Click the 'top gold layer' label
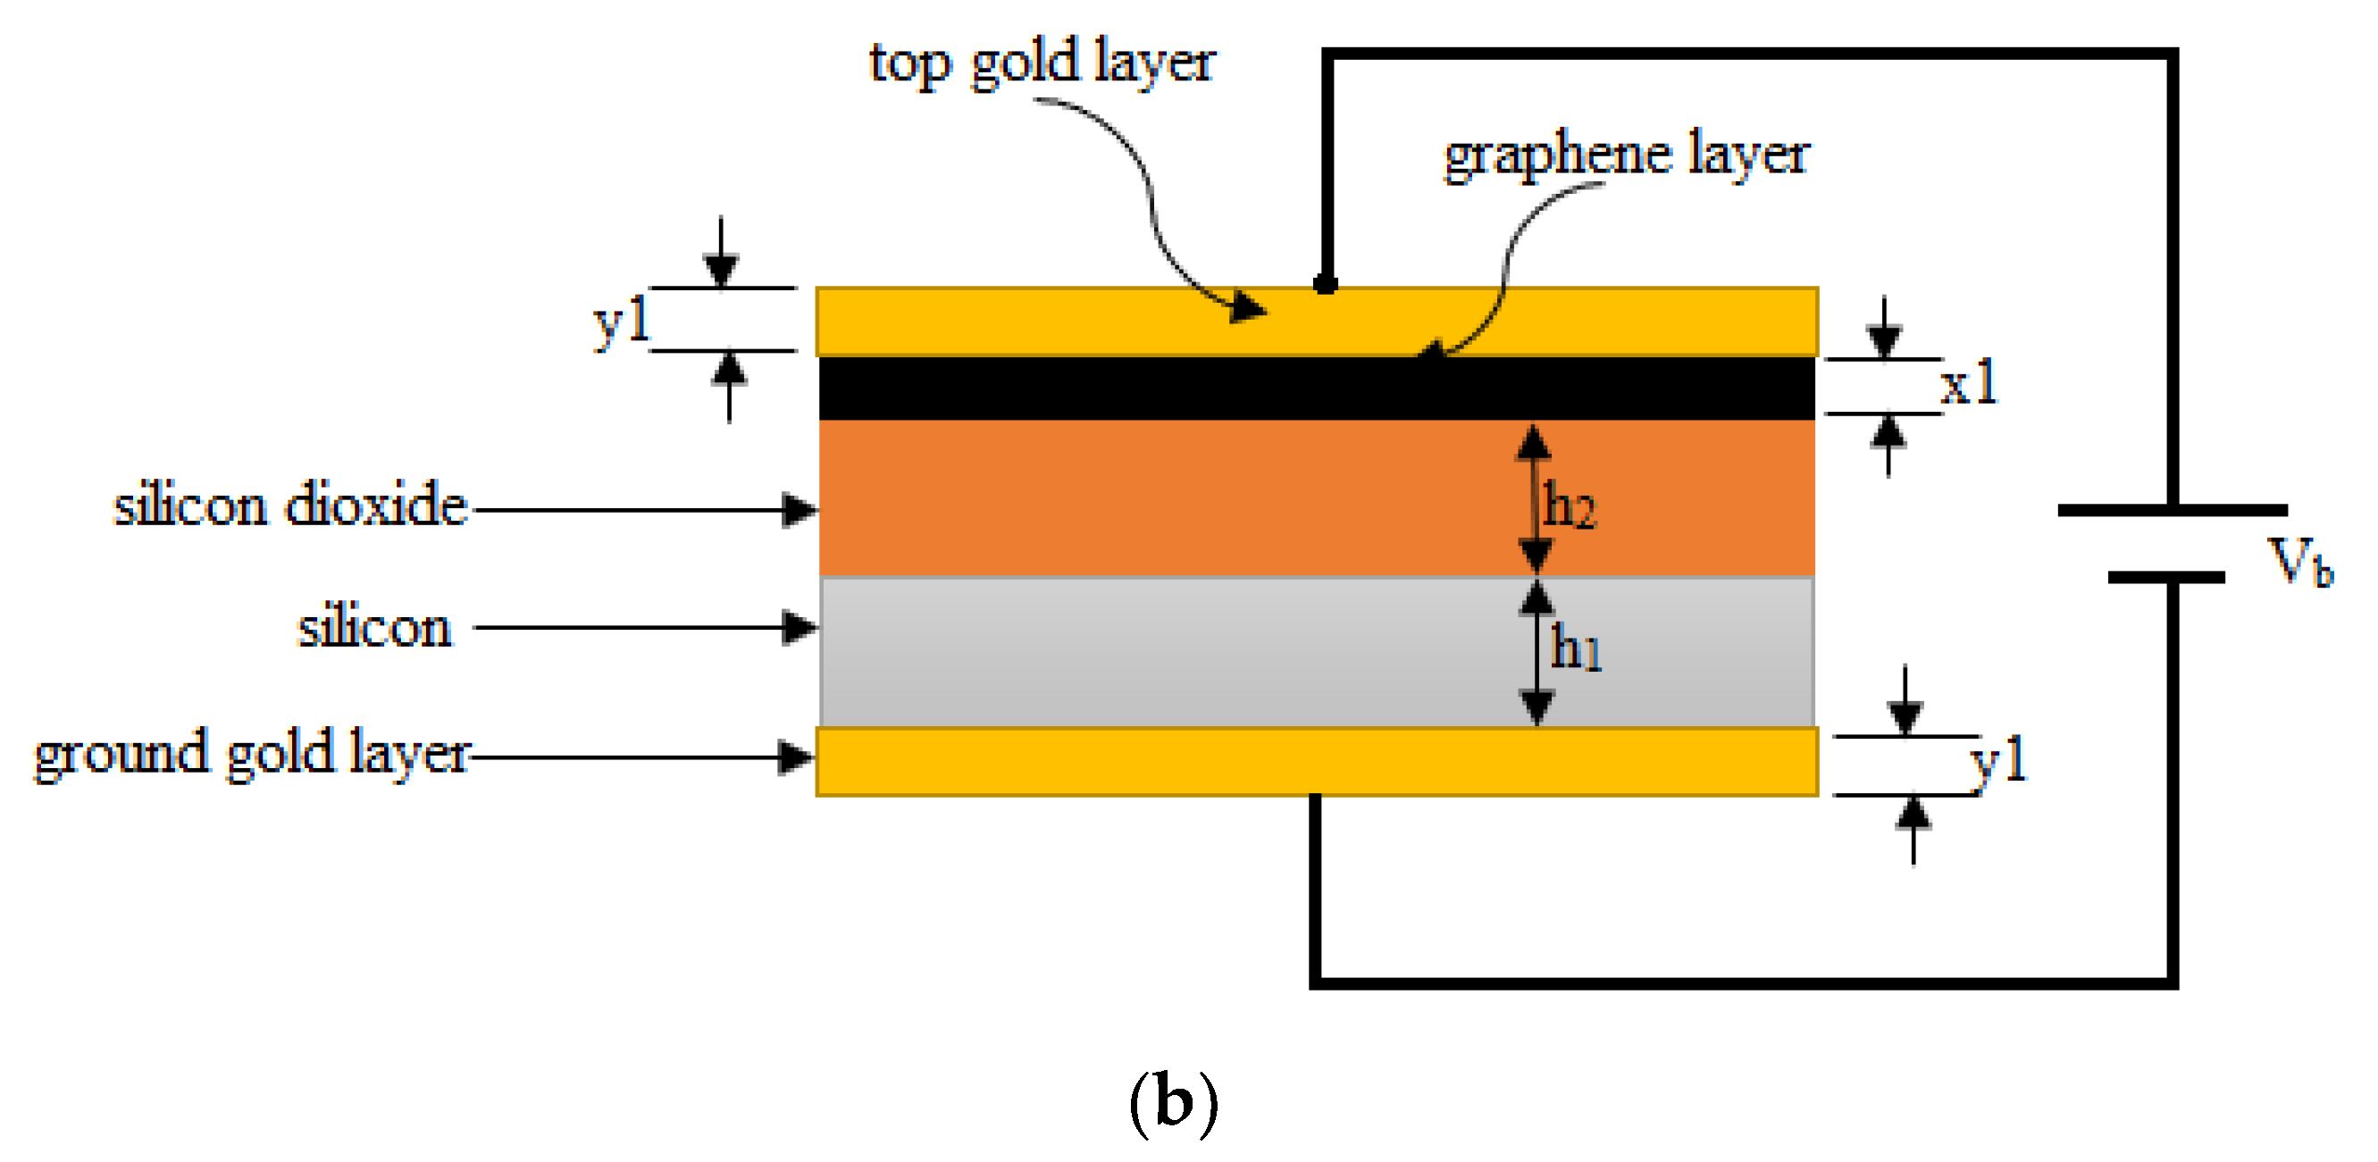pos(1042,63)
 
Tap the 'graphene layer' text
pos(1627,155)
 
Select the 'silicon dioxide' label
pos(289,506)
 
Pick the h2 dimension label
pos(1570,506)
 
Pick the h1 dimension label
pos(1576,648)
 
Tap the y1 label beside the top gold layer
pos(621,322)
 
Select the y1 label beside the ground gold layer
pos(1998,763)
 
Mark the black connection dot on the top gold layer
pos(1326,283)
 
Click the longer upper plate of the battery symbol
pos(2173,510)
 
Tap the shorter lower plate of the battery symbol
pos(2165,578)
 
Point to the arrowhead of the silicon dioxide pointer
pos(800,509)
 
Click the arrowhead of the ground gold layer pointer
pos(796,757)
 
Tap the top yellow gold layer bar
pos(1016,322)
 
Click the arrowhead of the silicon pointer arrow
pos(800,628)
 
